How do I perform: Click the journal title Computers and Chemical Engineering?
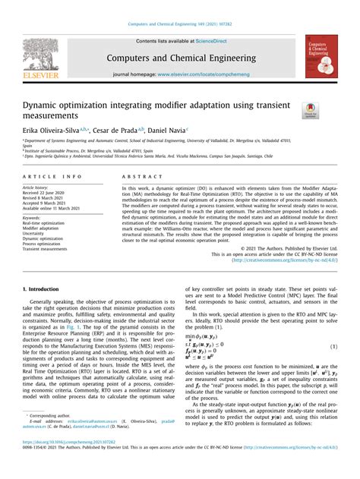[179, 56]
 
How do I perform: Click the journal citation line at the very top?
[179, 25]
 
